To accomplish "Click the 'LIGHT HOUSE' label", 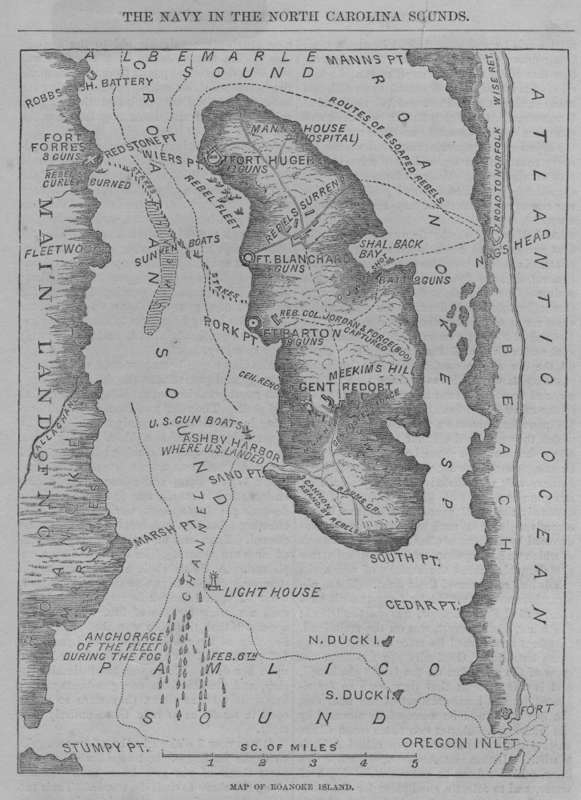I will tap(272, 593).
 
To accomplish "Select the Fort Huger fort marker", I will tap(214, 158).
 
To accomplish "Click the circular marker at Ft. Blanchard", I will tap(248, 258).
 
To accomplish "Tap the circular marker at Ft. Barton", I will tap(254, 322).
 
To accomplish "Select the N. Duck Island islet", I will tap(387, 640).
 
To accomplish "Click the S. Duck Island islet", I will tap(398, 694).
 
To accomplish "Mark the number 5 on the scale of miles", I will tap(415, 762).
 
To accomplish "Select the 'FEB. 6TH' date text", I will tap(238, 656).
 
